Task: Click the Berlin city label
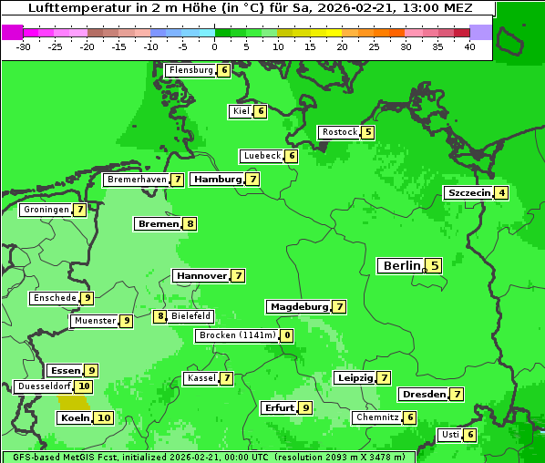(401, 266)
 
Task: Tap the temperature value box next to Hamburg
(252, 180)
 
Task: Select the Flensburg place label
(190, 70)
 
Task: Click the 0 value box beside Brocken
(287, 335)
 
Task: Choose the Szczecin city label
(468, 193)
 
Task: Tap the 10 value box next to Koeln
(104, 418)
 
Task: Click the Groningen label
(46, 210)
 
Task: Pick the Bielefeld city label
(191, 316)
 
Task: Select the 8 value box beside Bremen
(190, 223)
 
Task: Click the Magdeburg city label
(299, 307)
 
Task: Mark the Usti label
(450, 435)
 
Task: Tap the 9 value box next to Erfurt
(305, 407)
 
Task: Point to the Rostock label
(340, 132)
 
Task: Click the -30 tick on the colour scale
(24, 46)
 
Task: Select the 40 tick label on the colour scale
(469, 46)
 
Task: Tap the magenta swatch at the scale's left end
(13, 32)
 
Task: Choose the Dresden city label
(423, 395)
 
